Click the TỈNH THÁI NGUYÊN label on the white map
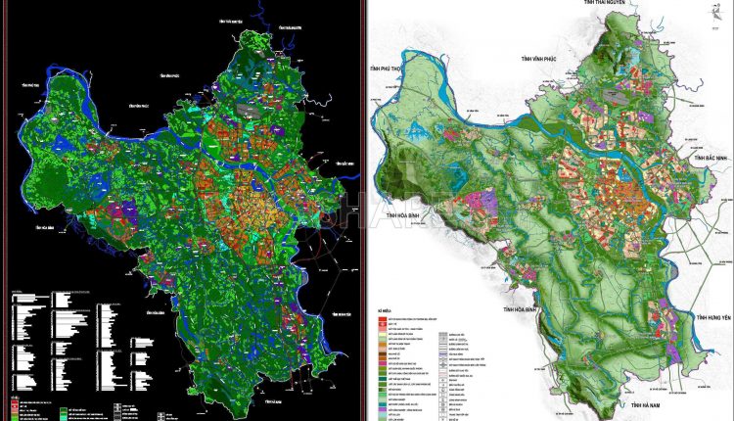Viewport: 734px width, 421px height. coord(605,4)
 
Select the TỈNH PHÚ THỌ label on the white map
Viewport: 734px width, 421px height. coord(388,70)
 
